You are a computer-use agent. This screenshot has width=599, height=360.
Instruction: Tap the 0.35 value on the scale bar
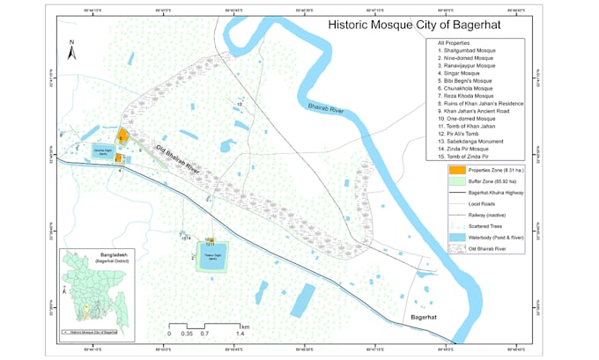(186, 335)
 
